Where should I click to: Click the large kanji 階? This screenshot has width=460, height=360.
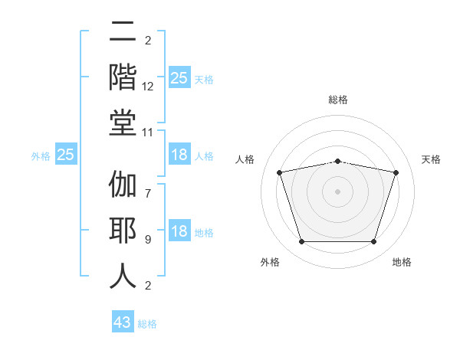tap(123, 77)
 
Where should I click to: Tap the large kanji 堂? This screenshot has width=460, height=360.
tap(123, 123)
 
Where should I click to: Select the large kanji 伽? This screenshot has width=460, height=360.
tap(123, 184)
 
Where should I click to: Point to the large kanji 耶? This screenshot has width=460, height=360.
tap(123, 230)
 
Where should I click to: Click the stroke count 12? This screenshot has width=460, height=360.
tap(147, 87)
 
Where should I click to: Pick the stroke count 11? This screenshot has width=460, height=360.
tap(147, 133)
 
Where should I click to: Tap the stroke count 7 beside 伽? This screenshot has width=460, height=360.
tap(148, 194)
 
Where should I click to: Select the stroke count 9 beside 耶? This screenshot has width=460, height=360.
tap(148, 240)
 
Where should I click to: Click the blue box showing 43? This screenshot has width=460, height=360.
tap(123, 321)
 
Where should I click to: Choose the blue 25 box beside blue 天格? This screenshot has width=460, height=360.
tap(179, 77)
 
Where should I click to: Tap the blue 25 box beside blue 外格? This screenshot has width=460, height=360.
tap(66, 154)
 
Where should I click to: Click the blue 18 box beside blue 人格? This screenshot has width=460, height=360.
tap(179, 154)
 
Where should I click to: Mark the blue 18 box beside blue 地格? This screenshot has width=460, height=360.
tap(179, 230)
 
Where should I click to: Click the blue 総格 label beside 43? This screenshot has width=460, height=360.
tap(147, 324)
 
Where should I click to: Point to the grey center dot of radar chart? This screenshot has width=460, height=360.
tap(337, 191)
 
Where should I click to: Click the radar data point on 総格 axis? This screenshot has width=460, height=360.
tap(337, 162)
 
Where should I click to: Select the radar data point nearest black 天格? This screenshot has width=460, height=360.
tap(396, 172)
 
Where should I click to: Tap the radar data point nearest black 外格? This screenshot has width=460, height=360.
tap(301, 242)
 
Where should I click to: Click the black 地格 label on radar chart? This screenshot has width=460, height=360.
tap(402, 262)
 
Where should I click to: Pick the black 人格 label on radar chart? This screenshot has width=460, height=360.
tap(245, 159)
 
